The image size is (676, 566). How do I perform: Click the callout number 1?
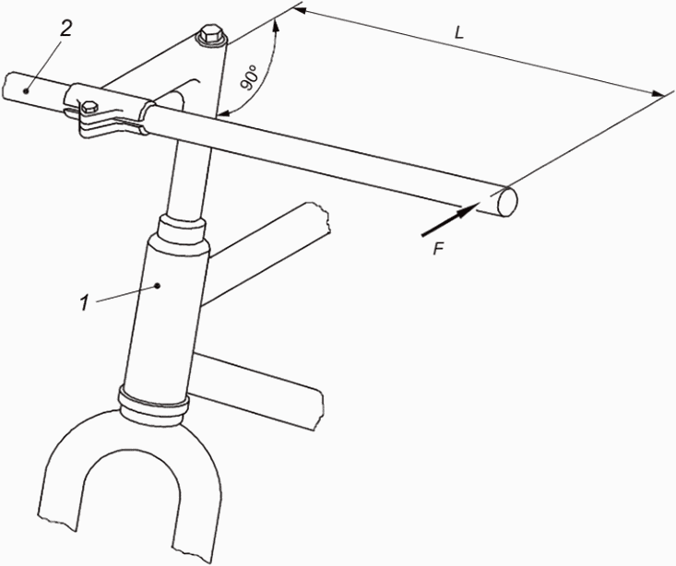[x=84, y=302]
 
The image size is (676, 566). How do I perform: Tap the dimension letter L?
[x=459, y=33]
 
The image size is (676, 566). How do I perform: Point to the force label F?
[x=438, y=249]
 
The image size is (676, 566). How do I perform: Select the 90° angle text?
[x=250, y=77]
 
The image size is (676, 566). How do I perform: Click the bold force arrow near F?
[x=450, y=218]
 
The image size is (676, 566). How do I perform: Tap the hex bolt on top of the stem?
[x=211, y=36]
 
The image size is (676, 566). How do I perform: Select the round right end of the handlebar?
[x=506, y=202]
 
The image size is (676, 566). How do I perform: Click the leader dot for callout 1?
[x=158, y=285]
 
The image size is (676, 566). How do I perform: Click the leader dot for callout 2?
[x=27, y=90]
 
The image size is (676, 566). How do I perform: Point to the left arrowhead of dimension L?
[x=301, y=10]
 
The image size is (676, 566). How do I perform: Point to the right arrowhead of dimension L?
[x=658, y=93]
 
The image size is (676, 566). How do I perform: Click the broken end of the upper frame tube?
[x=325, y=219]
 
